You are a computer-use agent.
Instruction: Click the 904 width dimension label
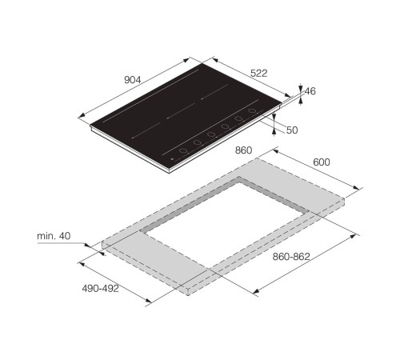click(133, 79)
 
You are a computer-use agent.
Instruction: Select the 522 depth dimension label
click(258, 73)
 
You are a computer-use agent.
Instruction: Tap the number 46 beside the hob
click(310, 91)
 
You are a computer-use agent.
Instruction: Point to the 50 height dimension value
click(292, 130)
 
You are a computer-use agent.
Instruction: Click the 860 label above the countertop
click(243, 150)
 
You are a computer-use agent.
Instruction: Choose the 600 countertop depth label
click(322, 162)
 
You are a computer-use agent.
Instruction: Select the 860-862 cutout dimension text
click(291, 257)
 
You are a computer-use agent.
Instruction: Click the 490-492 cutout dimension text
click(100, 288)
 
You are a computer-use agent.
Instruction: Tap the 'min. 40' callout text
click(54, 236)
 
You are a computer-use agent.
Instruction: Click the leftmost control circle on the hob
click(183, 150)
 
